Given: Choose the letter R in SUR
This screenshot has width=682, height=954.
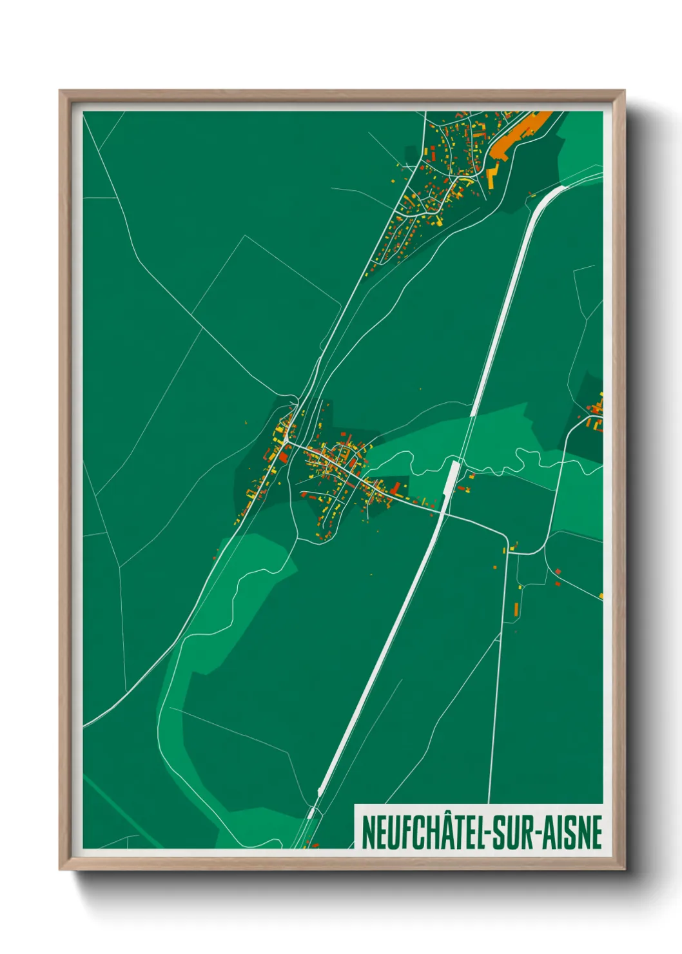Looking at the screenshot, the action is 526,832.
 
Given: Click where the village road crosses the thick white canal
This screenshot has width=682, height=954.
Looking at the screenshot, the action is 443,512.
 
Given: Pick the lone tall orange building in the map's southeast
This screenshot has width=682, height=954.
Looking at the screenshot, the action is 516,608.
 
